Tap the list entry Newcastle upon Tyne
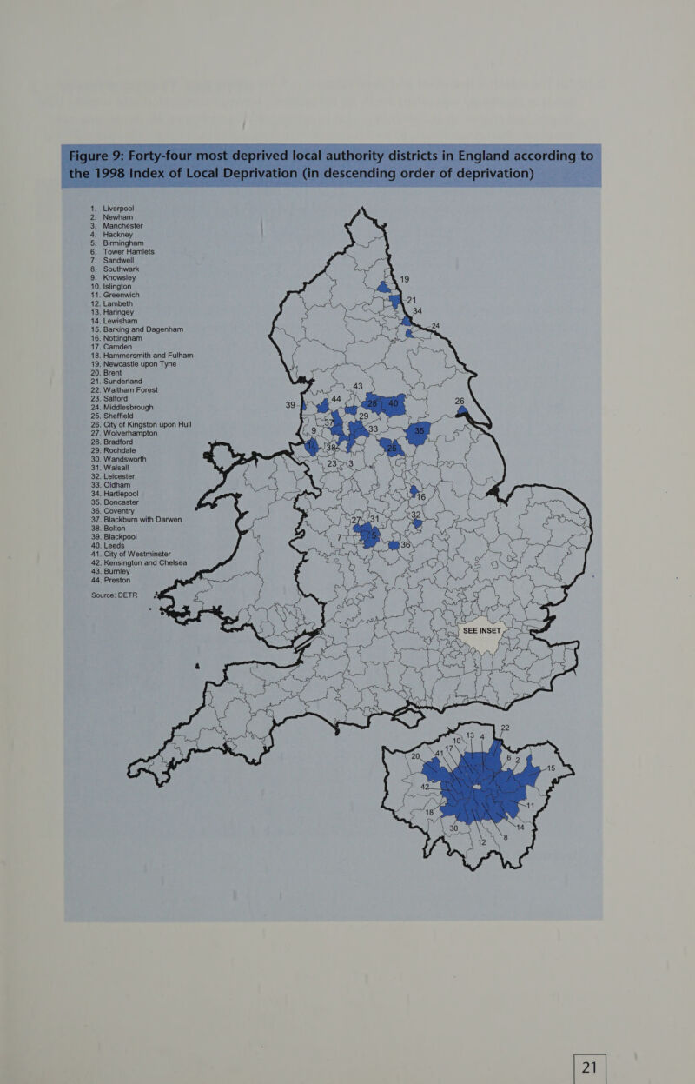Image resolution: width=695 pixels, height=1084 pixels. [x=151, y=363]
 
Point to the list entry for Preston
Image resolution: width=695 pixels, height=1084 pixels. [x=122, y=580]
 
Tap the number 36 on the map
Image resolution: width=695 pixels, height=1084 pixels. [x=405, y=544]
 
